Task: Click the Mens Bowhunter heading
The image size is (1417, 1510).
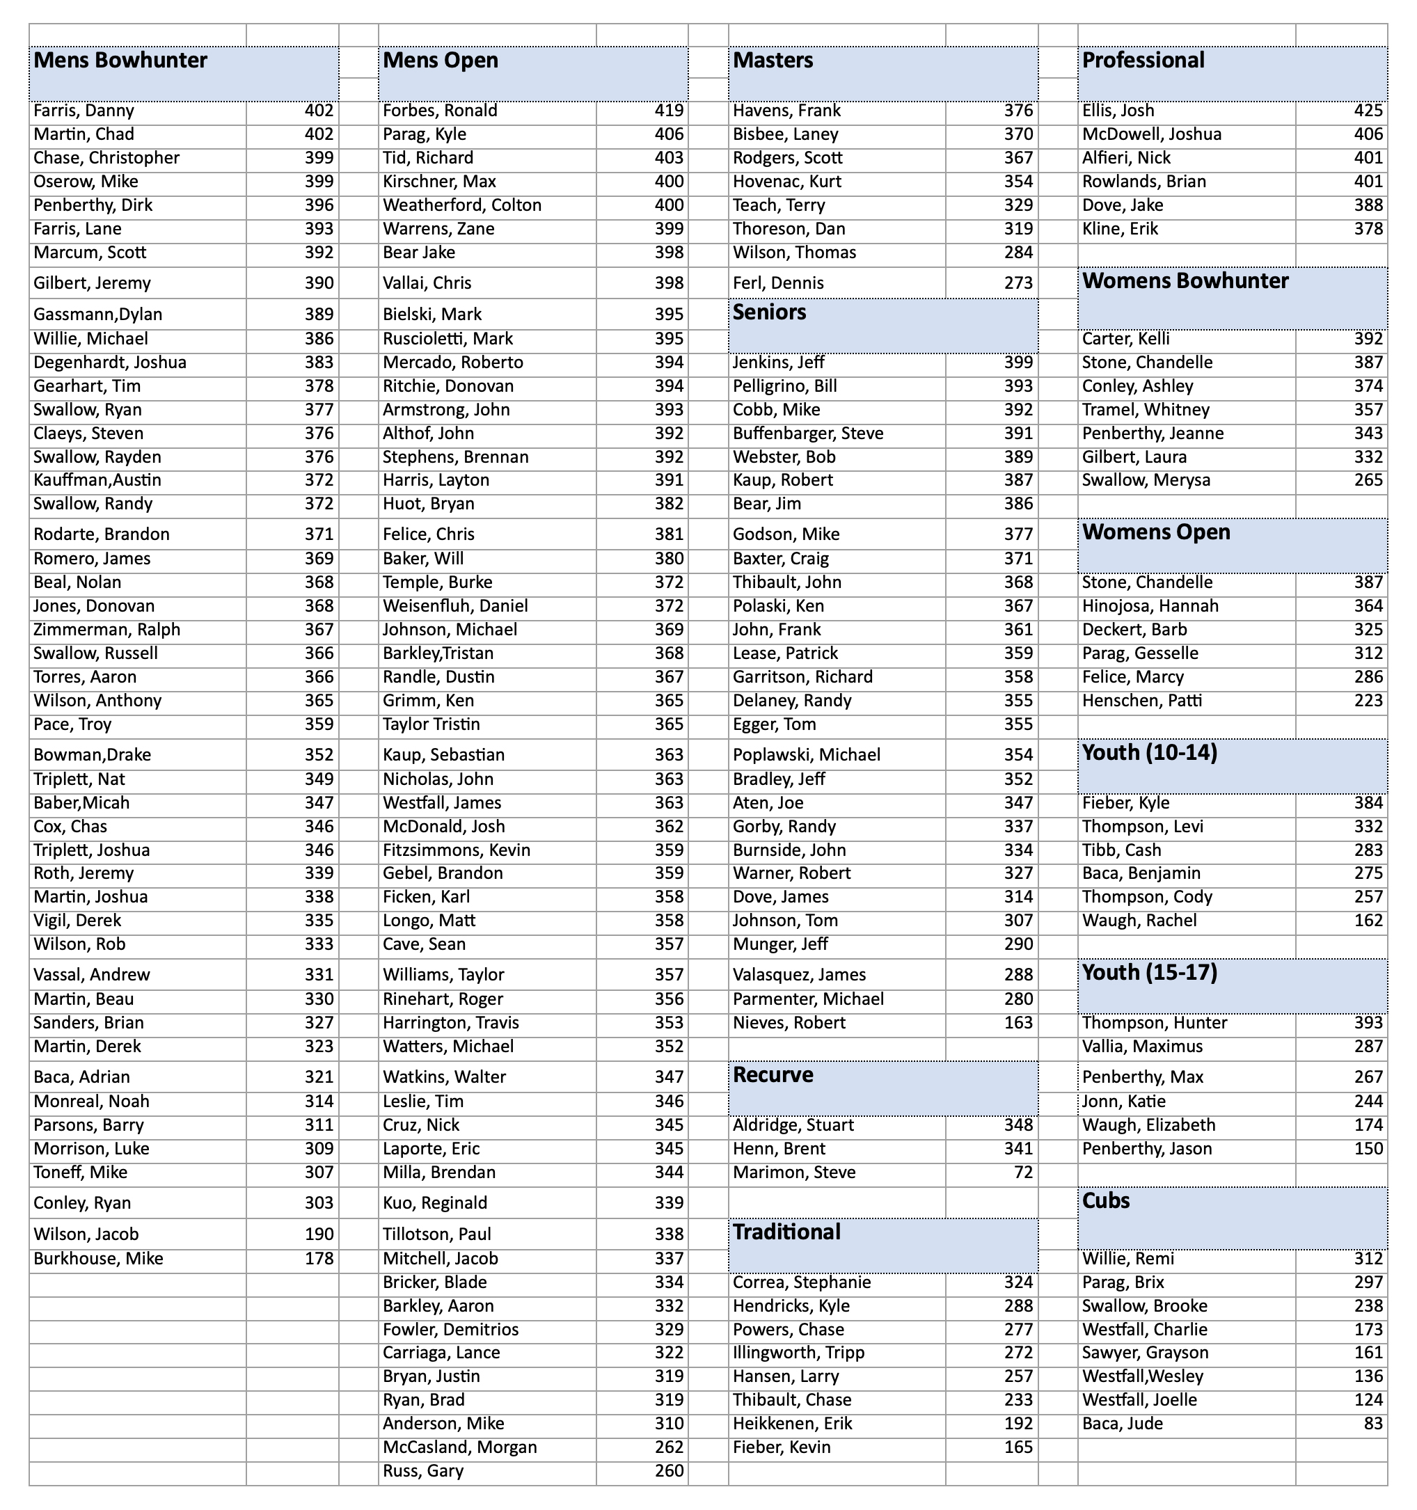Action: point(121,61)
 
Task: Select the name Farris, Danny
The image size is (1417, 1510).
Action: point(84,111)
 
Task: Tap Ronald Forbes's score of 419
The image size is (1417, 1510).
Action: point(669,111)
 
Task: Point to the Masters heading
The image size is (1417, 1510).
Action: point(773,61)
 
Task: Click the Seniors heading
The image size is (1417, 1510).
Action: point(770,313)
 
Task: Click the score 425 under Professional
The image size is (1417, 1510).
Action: point(1368,111)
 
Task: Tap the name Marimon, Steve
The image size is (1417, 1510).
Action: point(794,1173)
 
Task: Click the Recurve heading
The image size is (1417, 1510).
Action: point(773,1075)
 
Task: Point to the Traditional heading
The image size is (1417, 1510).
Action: point(786,1232)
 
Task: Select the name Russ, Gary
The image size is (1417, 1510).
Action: point(423,1471)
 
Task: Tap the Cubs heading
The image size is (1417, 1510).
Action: point(1105,1201)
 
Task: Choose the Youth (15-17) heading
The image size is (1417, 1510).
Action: point(1150,973)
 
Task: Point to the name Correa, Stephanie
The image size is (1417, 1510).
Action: point(802,1283)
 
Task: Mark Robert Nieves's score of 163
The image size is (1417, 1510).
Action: point(1018,1023)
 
